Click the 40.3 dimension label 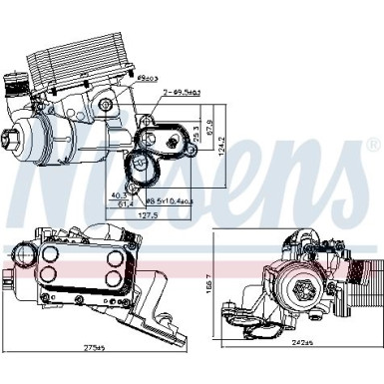pos(120,194)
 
